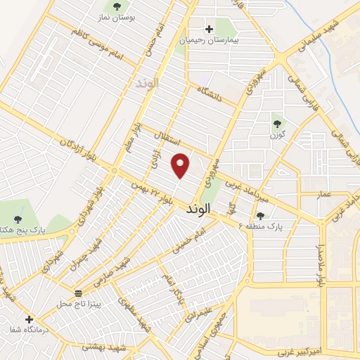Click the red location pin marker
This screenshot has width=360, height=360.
[181, 165]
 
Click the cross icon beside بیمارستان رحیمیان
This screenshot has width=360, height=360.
[209, 30]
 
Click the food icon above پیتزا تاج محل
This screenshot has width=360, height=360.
[79, 292]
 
